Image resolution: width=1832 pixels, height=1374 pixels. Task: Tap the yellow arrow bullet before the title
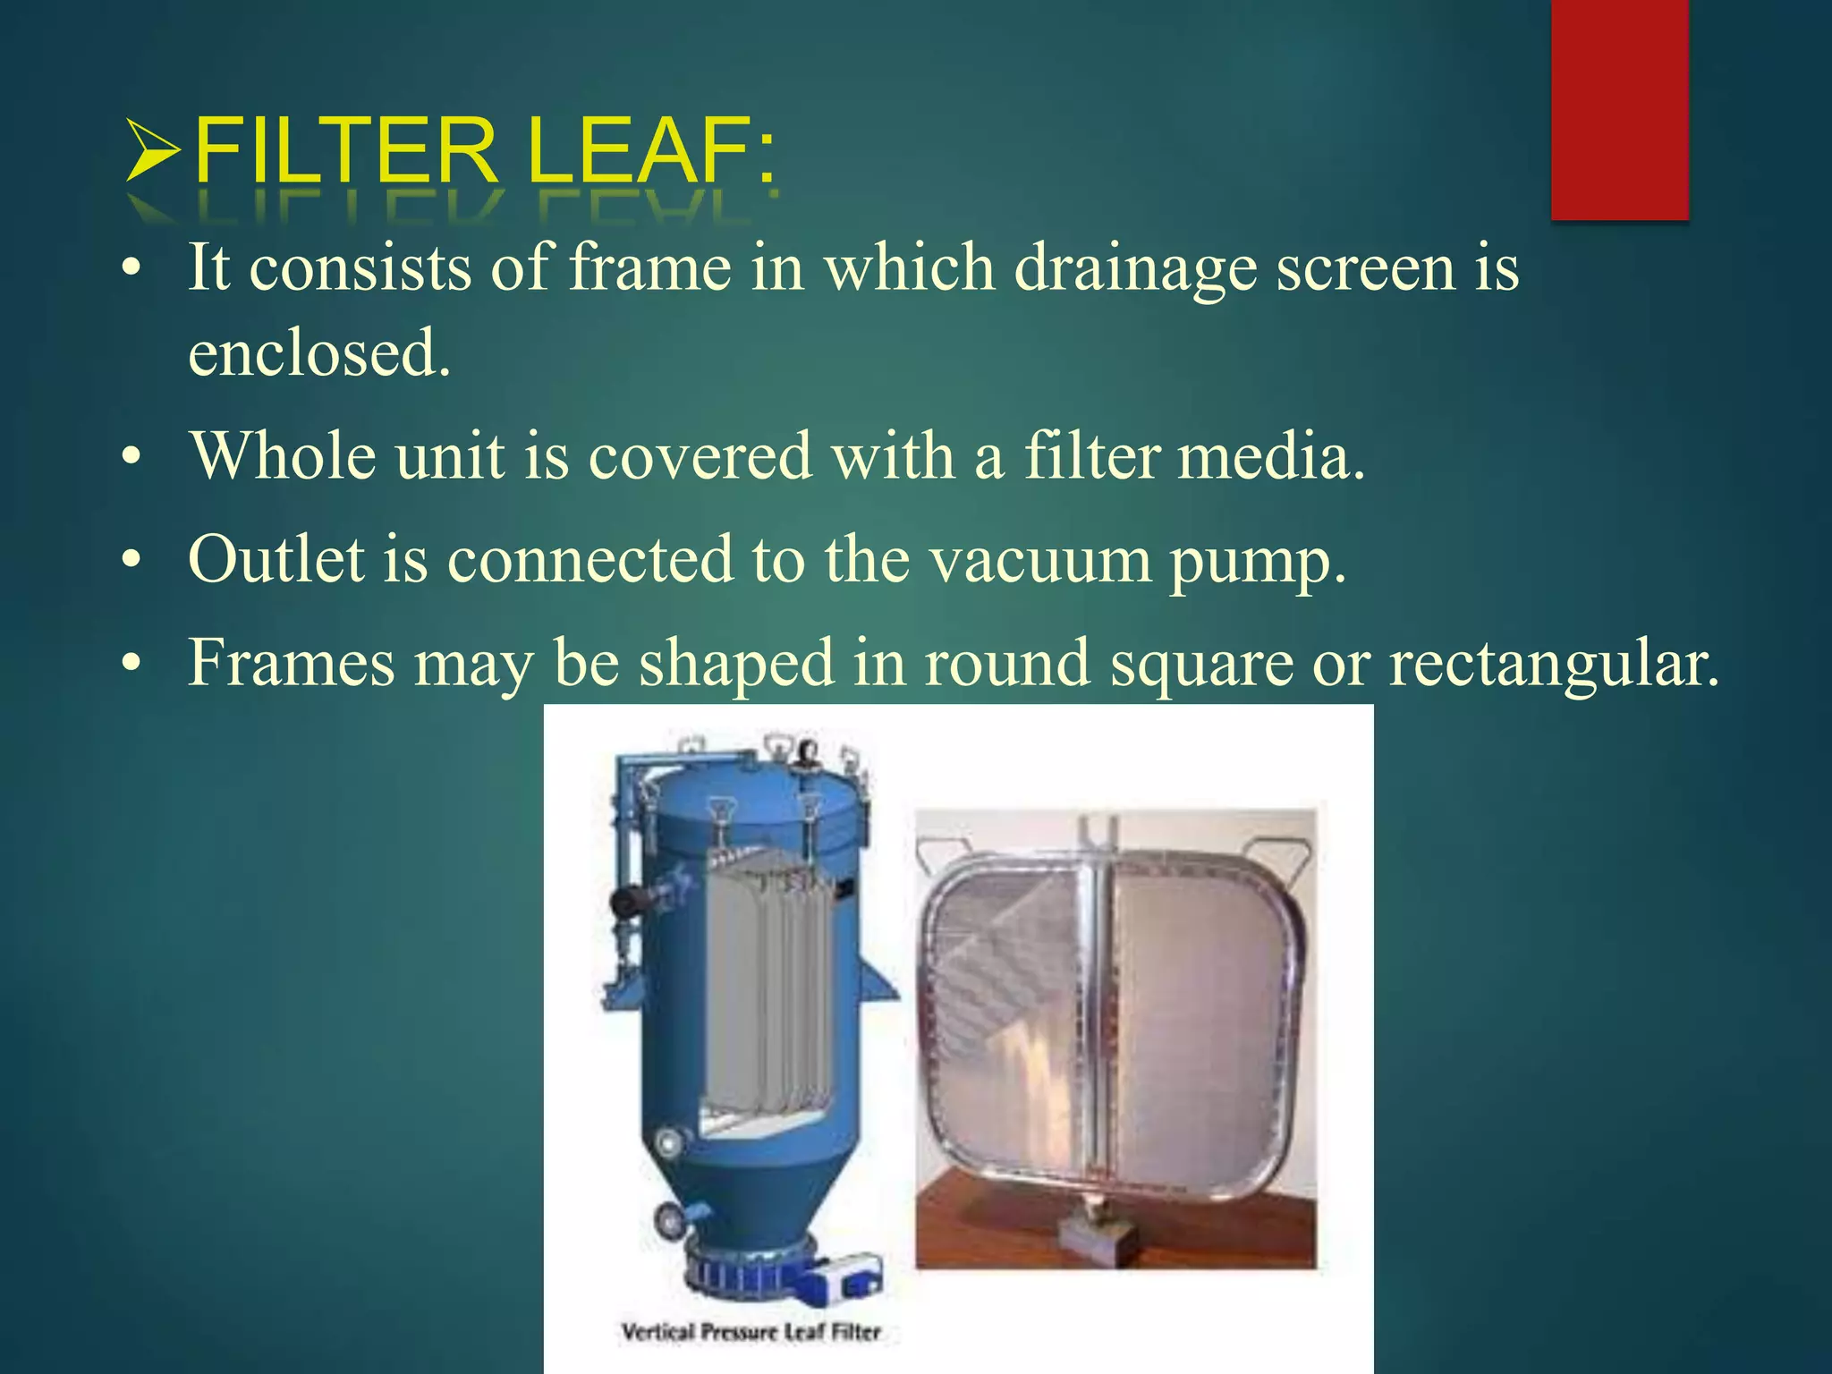[154, 150]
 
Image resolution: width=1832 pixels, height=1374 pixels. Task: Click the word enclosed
[318, 352]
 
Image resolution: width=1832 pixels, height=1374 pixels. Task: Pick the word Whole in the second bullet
[283, 456]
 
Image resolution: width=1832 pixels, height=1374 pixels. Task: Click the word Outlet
[276, 560]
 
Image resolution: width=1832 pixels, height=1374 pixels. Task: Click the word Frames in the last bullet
[291, 663]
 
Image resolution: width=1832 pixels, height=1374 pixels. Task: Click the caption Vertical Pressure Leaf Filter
[751, 1332]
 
